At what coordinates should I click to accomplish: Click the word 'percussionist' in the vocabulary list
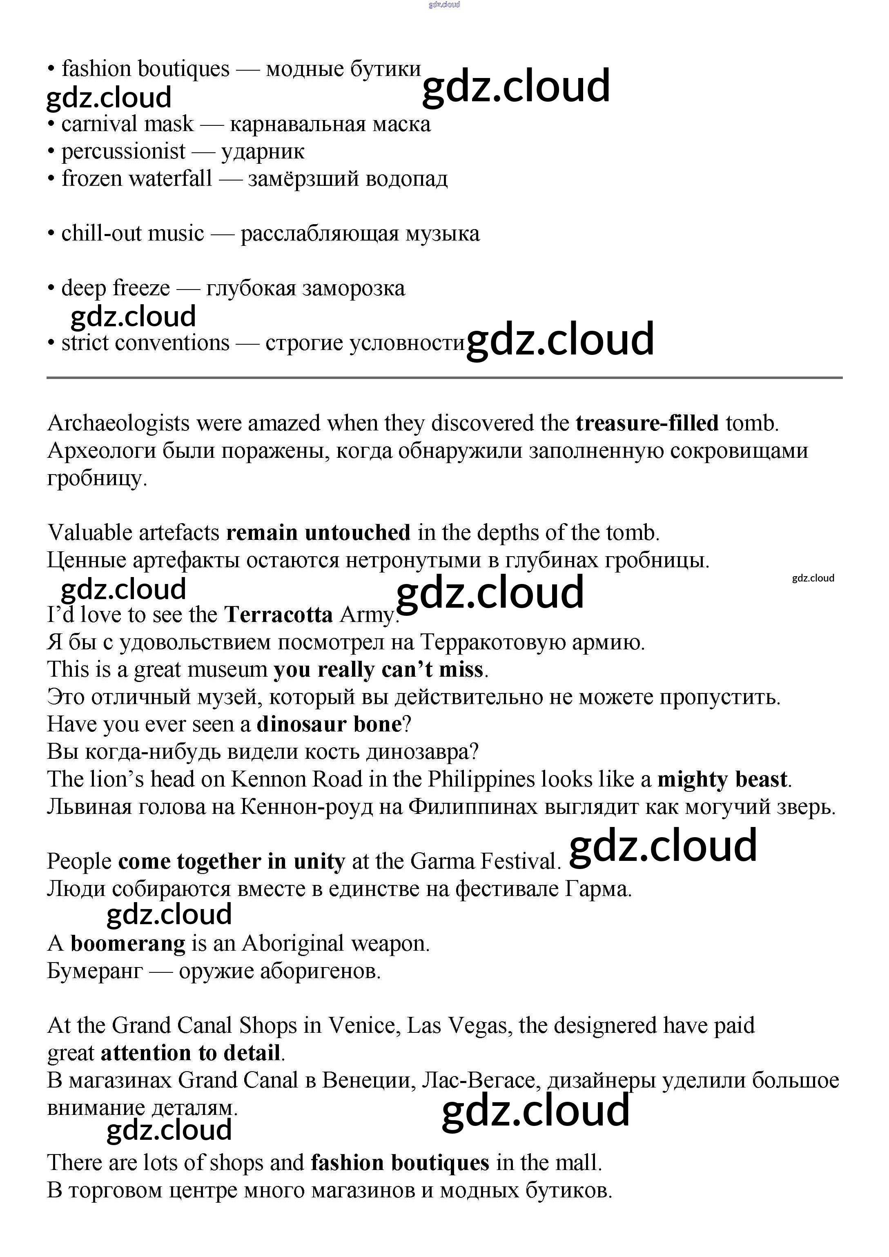[123, 152]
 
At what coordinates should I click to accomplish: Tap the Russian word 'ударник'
[263, 152]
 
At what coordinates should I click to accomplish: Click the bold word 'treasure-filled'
[647, 423]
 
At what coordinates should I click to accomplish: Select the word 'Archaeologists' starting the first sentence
[119, 423]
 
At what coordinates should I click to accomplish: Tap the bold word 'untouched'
[357, 533]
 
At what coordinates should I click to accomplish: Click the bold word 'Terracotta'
[279, 615]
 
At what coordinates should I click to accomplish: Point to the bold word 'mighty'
[693, 779]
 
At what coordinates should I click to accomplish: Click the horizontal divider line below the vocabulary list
[444, 378]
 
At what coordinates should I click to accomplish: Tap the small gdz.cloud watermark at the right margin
[813, 578]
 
